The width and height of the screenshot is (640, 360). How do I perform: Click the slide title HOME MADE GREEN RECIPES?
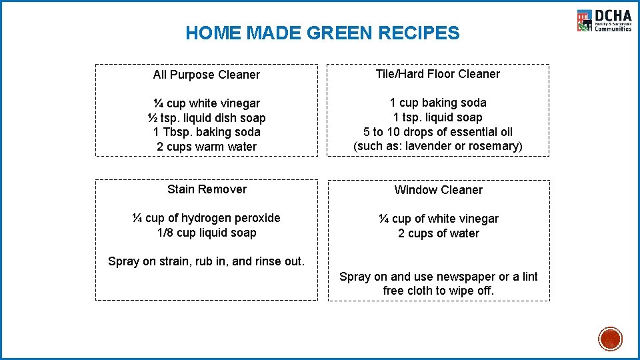coord(322,33)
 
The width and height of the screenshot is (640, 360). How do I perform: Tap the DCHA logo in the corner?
coord(604,21)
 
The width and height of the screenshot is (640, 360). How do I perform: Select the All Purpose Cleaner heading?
coord(207,75)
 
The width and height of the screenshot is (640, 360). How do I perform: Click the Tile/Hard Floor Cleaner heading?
coord(438,74)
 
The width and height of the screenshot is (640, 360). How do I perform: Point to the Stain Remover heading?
coord(207,189)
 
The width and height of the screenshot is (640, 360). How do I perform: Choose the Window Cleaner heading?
coord(438,190)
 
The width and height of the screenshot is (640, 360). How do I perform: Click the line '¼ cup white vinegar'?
coord(207,103)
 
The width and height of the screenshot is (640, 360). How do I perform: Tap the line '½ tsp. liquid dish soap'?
coord(207,118)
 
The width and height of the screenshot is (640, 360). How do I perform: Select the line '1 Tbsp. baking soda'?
coord(207,132)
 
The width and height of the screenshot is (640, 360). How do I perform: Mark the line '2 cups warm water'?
coord(207,147)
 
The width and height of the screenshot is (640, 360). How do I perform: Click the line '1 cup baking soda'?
coord(438,103)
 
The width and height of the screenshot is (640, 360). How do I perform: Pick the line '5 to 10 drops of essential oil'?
coord(438,132)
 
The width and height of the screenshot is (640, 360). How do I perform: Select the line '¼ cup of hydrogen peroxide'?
coord(207,218)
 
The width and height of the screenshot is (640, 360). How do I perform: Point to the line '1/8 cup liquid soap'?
coord(207,233)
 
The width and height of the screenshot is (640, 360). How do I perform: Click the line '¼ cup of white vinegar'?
coord(438,219)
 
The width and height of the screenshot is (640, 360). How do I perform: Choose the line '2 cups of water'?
coord(438,233)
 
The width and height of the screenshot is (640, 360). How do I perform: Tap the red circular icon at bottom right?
coord(610,339)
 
